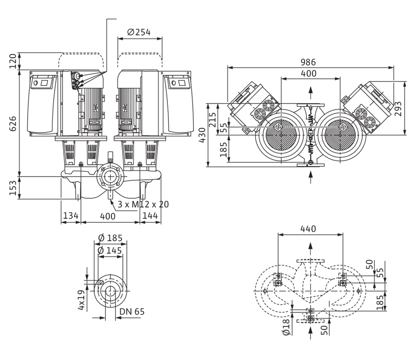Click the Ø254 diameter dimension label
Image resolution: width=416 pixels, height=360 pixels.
139,32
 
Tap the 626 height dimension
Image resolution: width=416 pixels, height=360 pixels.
13,124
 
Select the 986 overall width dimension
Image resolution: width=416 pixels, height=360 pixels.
308,62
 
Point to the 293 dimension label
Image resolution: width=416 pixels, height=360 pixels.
398,109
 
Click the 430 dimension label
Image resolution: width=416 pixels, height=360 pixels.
202,135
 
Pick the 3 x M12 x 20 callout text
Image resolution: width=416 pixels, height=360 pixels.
143,204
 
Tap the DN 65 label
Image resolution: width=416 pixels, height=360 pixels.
132,311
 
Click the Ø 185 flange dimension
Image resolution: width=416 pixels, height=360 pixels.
110,238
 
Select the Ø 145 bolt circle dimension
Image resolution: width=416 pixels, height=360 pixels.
110,250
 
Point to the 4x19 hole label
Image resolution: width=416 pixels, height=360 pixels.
81,300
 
